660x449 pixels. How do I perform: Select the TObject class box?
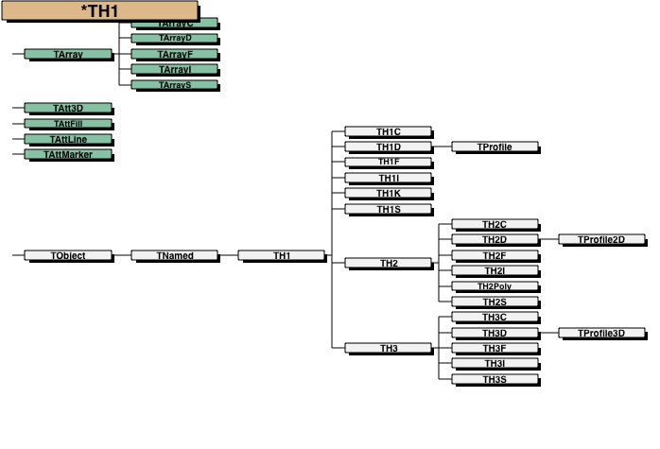(x=68, y=255)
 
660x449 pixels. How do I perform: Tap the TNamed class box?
(x=175, y=255)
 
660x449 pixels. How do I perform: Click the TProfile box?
(x=495, y=147)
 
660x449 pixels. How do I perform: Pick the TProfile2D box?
(x=601, y=239)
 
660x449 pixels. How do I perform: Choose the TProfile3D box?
(x=601, y=333)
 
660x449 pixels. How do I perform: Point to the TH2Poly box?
(x=495, y=285)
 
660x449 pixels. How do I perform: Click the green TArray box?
(x=68, y=54)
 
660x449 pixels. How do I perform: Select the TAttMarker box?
(x=68, y=154)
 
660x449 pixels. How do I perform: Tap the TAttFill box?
(x=68, y=123)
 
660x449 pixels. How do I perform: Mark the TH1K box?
(x=389, y=193)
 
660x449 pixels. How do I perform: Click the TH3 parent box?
(x=389, y=348)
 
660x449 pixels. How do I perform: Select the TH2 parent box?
(x=389, y=262)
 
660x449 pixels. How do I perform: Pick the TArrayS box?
(x=175, y=84)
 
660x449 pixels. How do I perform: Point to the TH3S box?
(x=495, y=379)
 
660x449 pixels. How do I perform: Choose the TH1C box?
(x=389, y=131)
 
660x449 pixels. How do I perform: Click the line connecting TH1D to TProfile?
(x=442, y=147)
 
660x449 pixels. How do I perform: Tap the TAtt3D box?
(x=68, y=108)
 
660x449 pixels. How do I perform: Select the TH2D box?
(x=495, y=239)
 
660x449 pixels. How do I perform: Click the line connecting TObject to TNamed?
(x=121, y=255)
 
